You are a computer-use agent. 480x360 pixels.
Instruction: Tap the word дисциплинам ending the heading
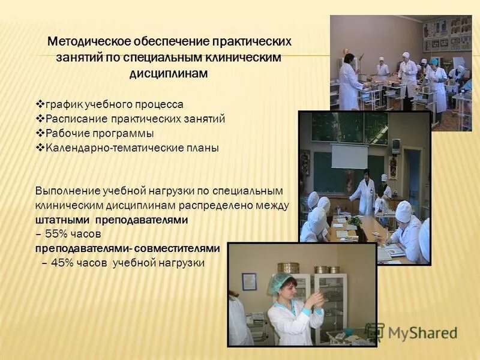[x=170, y=74]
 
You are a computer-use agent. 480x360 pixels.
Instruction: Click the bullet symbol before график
[x=40, y=104]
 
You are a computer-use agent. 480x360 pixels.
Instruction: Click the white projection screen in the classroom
[x=349, y=156]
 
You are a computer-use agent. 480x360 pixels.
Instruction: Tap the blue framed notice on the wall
[x=249, y=281]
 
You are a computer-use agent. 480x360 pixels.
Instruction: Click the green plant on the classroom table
[x=355, y=220]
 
